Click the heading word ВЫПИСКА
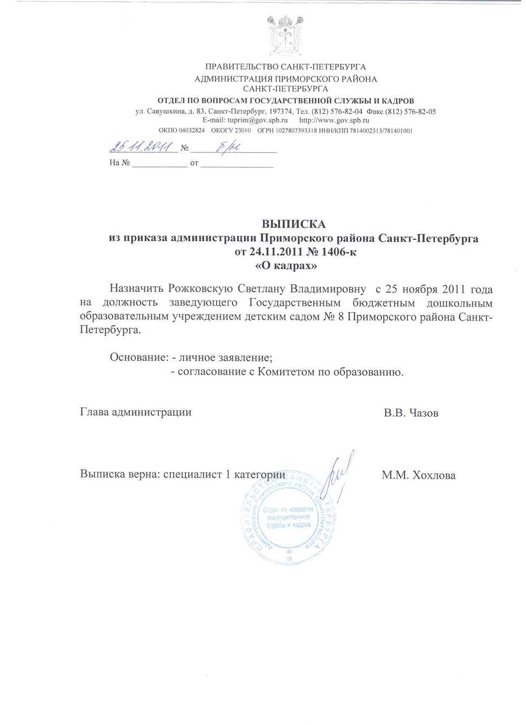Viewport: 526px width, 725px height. pos(294,223)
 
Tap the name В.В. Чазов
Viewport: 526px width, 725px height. pos(411,413)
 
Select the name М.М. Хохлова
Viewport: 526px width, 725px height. pos(419,475)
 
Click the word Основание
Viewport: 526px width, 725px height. pos(137,358)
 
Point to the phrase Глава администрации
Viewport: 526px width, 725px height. pos(136,412)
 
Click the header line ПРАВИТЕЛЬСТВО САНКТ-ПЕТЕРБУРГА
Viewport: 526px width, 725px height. pos(286,67)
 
